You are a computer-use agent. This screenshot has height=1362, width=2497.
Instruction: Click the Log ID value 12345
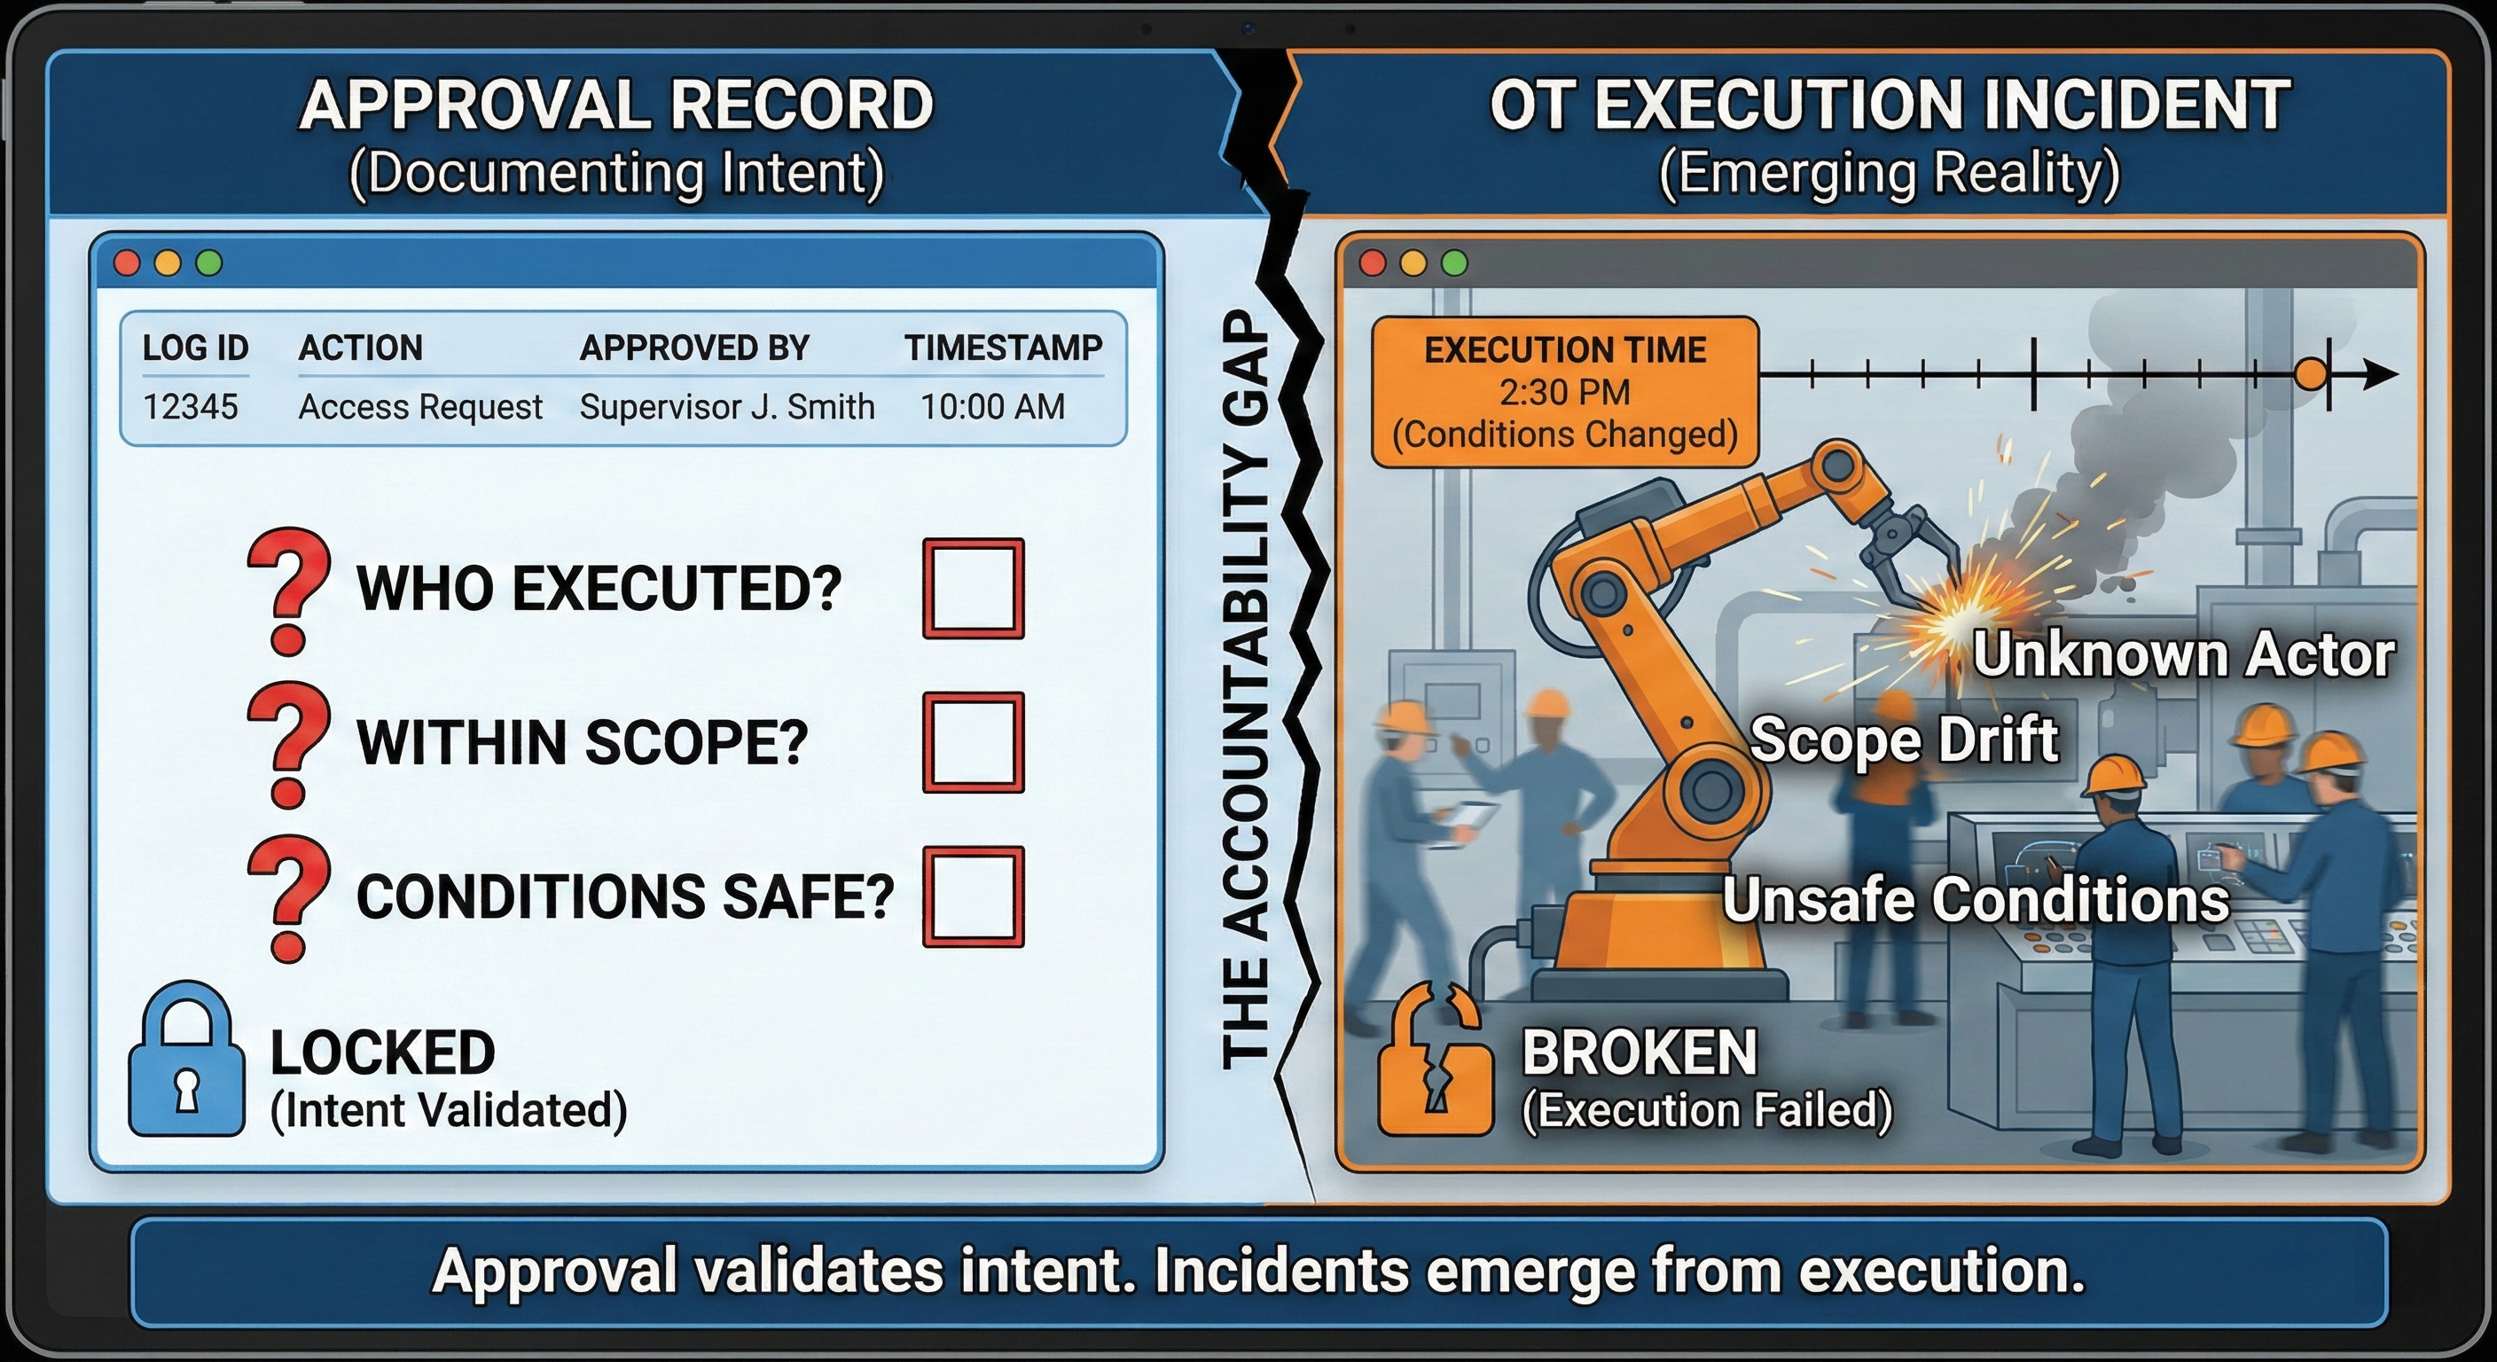coord(190,407)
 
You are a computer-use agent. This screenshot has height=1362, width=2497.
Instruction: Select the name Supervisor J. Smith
coord(727,407)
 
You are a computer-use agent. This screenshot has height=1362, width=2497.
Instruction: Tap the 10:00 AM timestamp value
coord(991,407)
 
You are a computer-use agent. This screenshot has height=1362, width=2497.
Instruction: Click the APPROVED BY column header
coord(694,348)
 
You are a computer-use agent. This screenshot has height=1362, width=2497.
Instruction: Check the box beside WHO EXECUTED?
coord(974,589)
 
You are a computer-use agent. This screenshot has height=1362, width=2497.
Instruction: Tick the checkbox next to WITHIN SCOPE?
coord(974,741)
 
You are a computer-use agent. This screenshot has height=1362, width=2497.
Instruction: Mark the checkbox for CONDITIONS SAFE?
coord(974,896)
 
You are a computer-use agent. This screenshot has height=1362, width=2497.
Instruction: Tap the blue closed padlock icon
coord(187,1061)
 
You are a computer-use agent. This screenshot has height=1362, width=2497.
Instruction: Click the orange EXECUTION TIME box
coord(1564,392)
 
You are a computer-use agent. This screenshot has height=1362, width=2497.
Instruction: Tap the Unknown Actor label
coord(2183,654)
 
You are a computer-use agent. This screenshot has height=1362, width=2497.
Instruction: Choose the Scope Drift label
coord(1904,740)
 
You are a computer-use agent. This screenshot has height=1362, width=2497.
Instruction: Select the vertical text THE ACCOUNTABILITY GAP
coord(1245,688)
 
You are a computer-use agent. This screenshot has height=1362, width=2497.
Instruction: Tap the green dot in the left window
coord(209,262)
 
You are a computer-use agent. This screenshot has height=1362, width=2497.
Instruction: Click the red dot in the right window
coord(1373,262)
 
